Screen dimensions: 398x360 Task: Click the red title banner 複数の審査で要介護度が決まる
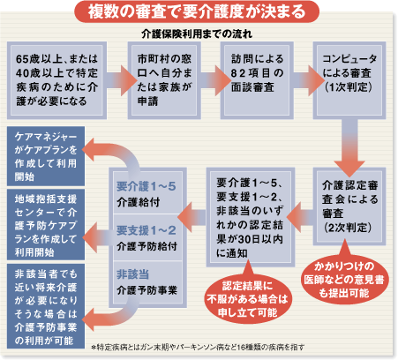(x=197, y=11)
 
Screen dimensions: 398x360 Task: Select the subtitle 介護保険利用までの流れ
(x=197, y=34)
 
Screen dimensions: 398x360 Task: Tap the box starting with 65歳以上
(x=56, y=80)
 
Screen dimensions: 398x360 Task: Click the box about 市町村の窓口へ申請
(x=164, y=80)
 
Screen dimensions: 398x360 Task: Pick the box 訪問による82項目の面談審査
(x=257, y=80)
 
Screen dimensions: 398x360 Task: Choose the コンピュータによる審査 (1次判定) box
(x=349, y=80)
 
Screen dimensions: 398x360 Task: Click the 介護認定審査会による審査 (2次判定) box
(x=349, y=206)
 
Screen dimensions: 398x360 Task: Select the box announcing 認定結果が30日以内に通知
(x=251, y=217)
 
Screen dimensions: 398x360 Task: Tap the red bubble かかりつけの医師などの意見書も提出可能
(x=344, y=278)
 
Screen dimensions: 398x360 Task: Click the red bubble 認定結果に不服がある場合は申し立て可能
(x=247, y=297)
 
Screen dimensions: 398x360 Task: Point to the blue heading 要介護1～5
(x=146, y=186)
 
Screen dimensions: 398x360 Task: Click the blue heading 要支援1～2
(x=146, y=230)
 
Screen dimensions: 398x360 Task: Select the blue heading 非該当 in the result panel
(x=132, y=274)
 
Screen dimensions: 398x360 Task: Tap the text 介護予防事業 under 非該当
(x=146, y=290)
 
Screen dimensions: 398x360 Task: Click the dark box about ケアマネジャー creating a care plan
(x=46, y=156)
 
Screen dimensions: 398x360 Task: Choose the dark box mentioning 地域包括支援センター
(x=46, y=225)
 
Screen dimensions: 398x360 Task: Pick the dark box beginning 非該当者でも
(x=46, y=306)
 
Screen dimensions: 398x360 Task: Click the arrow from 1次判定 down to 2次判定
(x=349, y=147)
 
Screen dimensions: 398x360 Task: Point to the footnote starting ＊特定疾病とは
(x=198, y=348)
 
